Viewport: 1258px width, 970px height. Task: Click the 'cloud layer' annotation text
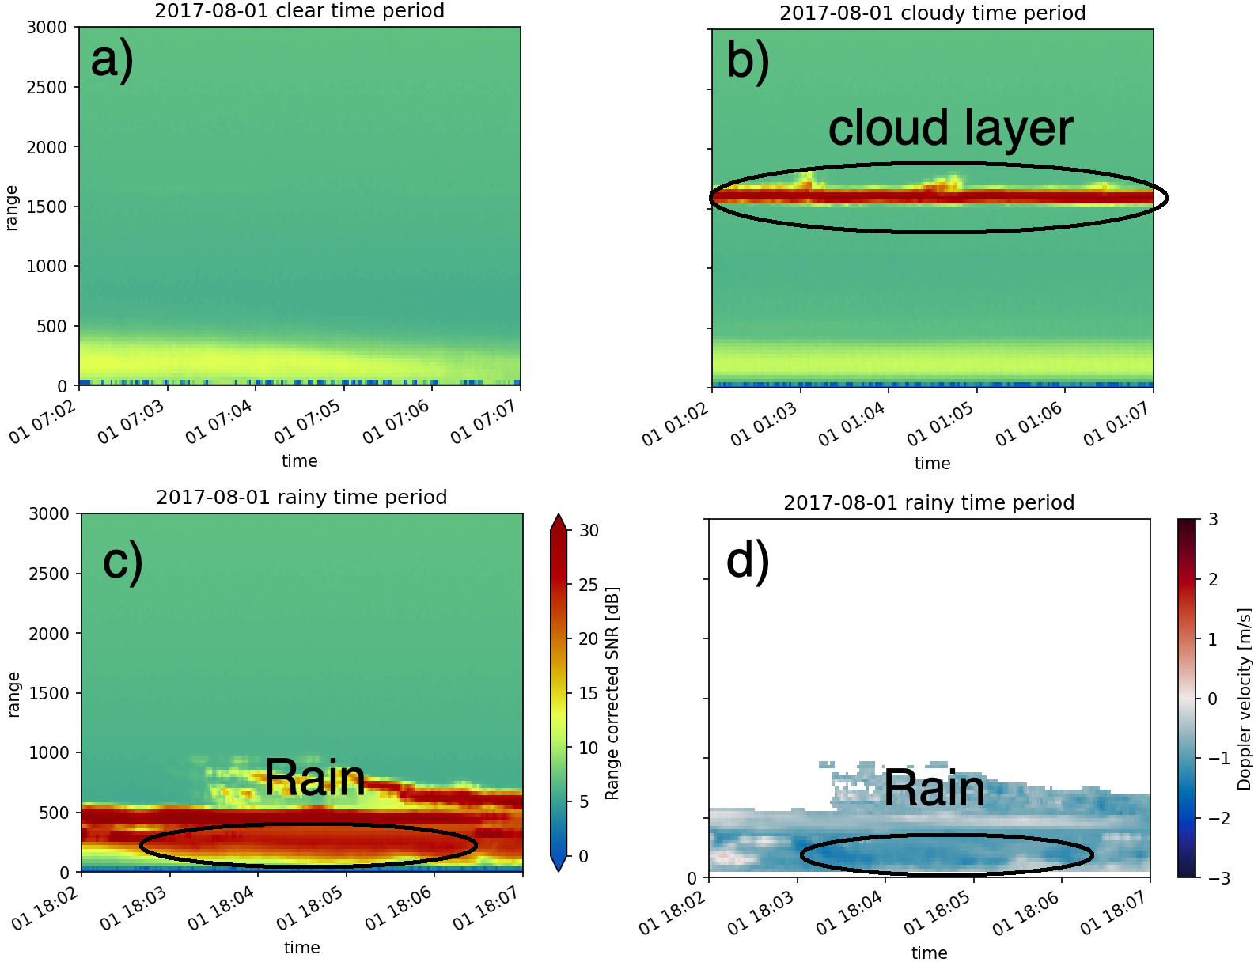point(950,128)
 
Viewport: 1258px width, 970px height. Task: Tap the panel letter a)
point(112,60)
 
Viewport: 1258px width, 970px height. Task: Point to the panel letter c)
point(123,561)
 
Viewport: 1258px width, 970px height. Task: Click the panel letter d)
point(747,561)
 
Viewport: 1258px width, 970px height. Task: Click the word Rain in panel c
point(314,778)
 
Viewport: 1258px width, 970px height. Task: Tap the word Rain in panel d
point(934,789)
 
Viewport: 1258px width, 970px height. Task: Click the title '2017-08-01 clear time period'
point(299,11)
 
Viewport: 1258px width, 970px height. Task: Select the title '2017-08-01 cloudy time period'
point(932,13)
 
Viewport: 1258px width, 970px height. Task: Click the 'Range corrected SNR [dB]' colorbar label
point(612,693)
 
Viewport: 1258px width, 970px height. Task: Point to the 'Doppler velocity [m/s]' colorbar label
point(1245,699)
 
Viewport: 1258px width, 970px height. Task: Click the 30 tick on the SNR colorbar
point(589,530)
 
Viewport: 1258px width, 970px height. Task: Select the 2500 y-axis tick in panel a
point(47,87)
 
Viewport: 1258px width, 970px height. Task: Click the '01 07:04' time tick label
point(219,422)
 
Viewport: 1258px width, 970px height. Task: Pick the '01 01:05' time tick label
point(940,425)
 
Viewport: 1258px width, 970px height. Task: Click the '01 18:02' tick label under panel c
point(46,909)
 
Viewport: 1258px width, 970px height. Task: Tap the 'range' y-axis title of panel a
point(11,207)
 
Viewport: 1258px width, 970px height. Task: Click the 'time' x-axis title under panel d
point(929,953)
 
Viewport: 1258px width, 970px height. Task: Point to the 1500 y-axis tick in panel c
point(49,693)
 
